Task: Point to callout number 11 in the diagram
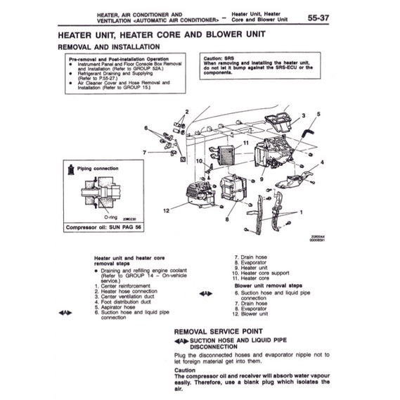click(246, 143)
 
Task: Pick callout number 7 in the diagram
click(143, 152)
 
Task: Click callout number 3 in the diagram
click(303, 115)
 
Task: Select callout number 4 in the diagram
click(322, 162)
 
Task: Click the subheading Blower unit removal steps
click(268, 286)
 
